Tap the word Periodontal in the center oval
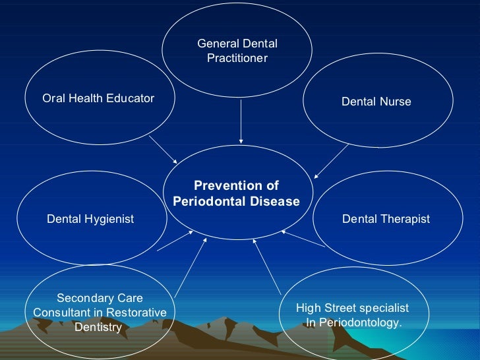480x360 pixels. [x=206, y=202]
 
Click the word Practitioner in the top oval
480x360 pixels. [x=237, y=59]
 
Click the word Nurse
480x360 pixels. [x=395, y=102]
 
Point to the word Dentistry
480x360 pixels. [x=99, y=327]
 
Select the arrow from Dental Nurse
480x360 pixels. [x=332, y=161]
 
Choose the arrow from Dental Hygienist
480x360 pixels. [x=175, y=241]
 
